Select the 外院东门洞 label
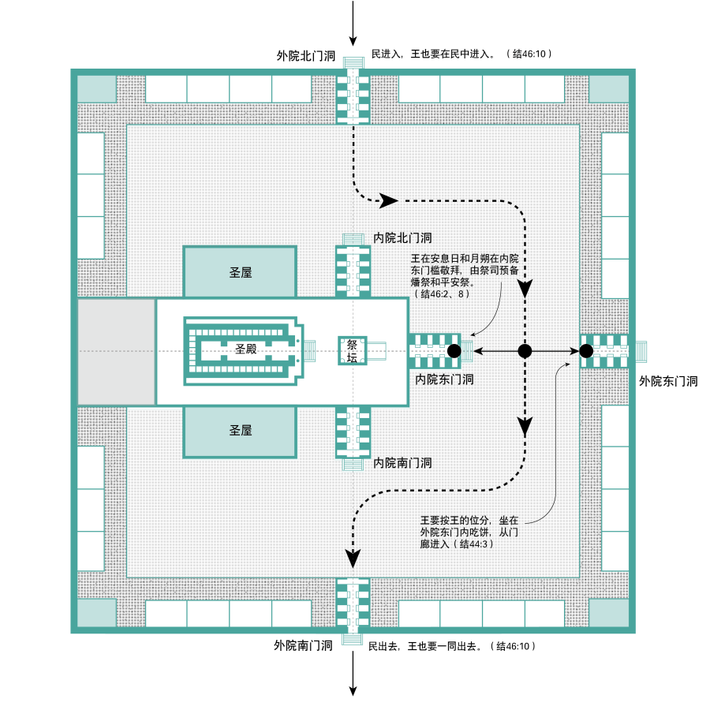click(668, 381)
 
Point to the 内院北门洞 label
click(402, 237)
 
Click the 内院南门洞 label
click(402, 462)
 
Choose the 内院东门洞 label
click(444, 379)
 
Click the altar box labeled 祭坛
click(352, 351)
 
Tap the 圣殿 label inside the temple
click(246, 349)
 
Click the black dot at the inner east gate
click(454, 351)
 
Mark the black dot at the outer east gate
click(586, 351)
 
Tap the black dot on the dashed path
click(524, 351)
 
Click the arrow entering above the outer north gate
click(353, 24)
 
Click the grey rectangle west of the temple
click(116, 352)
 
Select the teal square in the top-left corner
click(96, 88)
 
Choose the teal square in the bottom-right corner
click(609, 613)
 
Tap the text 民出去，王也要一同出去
click(426, 646)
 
